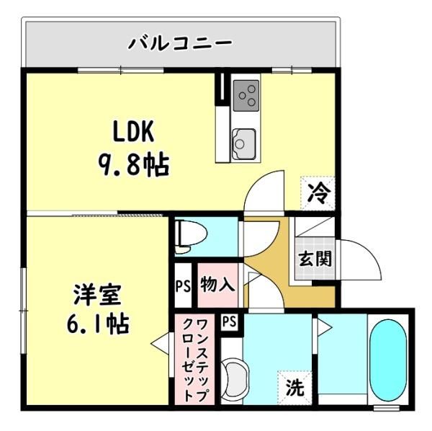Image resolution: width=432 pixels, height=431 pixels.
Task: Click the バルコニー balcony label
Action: [181, 43]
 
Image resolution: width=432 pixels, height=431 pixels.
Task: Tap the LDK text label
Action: [133, 131]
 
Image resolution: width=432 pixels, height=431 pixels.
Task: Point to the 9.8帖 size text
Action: [133, 166]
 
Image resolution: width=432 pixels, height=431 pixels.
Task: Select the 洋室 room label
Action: [97, 294]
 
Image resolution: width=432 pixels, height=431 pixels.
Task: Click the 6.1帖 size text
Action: [97, 324]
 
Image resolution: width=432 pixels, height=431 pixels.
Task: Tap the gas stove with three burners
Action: [246, 95]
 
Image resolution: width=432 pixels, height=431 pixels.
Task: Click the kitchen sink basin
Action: [243, 143]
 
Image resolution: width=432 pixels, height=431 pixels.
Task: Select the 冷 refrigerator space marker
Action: [318, 193]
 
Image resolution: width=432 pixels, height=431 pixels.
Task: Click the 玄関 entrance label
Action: [315, 259]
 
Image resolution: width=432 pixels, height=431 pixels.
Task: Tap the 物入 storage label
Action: [217, 284]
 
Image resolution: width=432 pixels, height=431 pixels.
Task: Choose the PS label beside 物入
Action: [183, 286]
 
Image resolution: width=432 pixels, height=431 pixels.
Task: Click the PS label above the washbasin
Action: [230, 321]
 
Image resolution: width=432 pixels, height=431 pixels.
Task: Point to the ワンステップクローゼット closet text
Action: [195, 360]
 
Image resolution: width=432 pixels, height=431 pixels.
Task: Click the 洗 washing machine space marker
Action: [294, 388]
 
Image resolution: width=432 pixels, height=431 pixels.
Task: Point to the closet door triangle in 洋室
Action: [161, 343]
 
